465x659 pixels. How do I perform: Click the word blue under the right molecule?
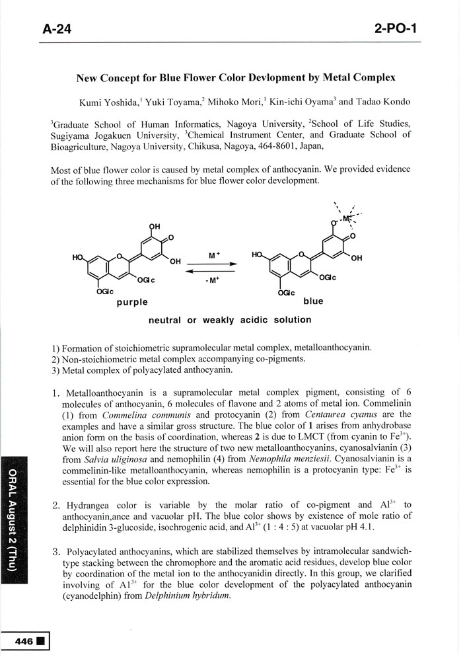(313, 301)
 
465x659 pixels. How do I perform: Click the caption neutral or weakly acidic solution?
(230, 320)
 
